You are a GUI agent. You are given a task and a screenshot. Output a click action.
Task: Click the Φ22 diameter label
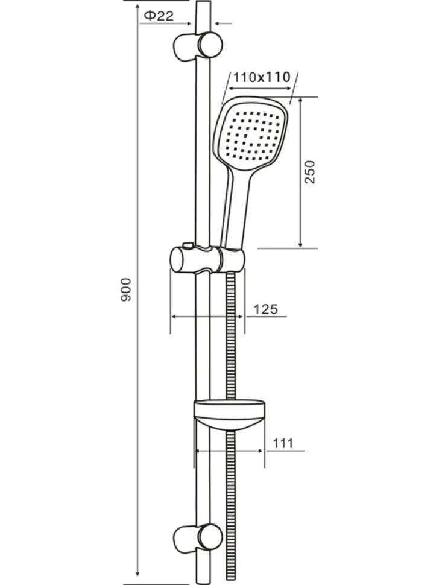pyautogui.click(x=159, y=16)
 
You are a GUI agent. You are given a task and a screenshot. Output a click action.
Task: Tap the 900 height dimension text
pyautogui.click(x=126, y=289)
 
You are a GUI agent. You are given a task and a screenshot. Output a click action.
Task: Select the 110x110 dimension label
pyautogui.click(x=262, y=77)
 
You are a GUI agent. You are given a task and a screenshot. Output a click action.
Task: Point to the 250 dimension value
pyautogui.click(x=309, y=172)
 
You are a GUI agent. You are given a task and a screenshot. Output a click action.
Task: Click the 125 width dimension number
pyautogui.click(x=265, y=309)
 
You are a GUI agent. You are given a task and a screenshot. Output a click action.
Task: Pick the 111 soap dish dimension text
pyautogui.click(x=283, y=443)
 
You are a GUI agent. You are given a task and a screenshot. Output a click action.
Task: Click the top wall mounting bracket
pyautogui.click(x=198, y=45)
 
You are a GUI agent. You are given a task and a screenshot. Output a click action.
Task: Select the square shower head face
pyautogui.click(x=252, y=133)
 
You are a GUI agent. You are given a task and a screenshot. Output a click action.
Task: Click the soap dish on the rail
pyautogui.click(x=230, y=414)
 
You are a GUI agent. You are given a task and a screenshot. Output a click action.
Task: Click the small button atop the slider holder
pyautogui.click(x=187, y=245)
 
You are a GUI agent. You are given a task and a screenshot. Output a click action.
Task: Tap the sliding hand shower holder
pyautogui.click(x=207, y=259)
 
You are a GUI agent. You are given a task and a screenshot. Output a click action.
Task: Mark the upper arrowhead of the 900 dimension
pyautogui.click(x=137, y=8)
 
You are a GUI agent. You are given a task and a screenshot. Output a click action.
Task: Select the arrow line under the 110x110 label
pyautogui.click(x=259, y=89)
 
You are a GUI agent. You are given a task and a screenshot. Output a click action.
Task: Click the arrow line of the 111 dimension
pyautogui.click(x=229, y=451)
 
